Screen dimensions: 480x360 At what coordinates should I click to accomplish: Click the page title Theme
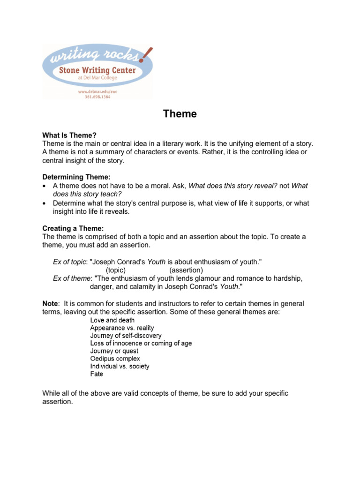180,114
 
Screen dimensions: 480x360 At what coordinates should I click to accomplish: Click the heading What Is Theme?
69,135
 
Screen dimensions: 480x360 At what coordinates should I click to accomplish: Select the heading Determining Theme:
76,177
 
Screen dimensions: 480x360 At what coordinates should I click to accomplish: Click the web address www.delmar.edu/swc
97,92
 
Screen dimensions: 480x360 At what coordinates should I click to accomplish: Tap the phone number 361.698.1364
97,97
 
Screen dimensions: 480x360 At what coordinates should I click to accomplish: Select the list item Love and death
112,320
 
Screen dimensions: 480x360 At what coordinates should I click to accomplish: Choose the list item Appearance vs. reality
122,328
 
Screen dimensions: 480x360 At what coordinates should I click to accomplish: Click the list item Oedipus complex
115,359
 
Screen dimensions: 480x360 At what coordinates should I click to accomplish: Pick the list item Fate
97,374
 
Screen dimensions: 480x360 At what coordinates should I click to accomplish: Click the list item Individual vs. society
120,366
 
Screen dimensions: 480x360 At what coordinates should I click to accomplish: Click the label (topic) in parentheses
116,270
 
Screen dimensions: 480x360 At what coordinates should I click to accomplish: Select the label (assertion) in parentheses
186,270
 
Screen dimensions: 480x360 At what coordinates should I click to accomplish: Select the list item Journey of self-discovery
126,336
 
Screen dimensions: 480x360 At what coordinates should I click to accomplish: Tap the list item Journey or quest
114,351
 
